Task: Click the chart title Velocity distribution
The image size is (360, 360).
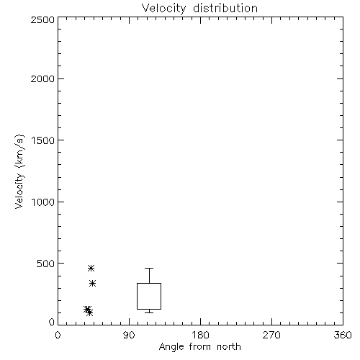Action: pos(199,8)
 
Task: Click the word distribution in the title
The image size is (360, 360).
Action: pos(225,8)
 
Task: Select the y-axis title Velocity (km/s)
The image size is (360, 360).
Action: pos(19,171)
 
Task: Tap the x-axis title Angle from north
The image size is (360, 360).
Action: pos(199,347)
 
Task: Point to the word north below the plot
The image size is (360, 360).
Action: pos(229,347)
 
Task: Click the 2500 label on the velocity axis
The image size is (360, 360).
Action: pos(42,19)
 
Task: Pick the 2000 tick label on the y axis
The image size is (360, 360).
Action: pos(42,78)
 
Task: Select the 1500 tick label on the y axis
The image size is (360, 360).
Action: pos(43,140)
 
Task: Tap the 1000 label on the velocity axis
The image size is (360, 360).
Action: pos(43,202)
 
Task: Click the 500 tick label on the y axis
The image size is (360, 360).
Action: pos(46,264)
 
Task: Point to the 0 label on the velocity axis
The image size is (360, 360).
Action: pos(52,322)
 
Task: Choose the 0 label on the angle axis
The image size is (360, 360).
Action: pos(58,335)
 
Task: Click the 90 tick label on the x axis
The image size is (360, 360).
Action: pos(129,335)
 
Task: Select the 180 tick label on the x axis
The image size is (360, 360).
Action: pos(200,335)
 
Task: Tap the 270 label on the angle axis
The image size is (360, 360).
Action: pos(271,335)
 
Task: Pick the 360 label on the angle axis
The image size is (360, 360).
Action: pos(343,335)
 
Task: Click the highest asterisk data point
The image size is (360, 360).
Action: pos(91,268)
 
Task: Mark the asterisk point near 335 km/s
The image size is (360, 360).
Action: pos(93,284)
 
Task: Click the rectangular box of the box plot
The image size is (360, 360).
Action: pos(137,296)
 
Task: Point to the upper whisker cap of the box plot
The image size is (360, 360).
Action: pos(149,268)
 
